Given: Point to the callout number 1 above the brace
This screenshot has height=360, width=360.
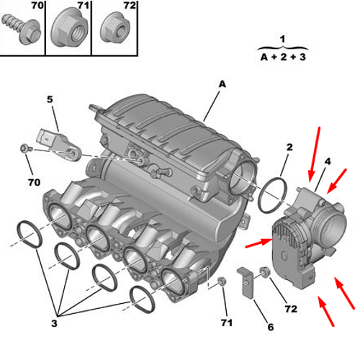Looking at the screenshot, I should coord(282,39).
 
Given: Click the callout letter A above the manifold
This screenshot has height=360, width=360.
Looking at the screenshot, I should coord(222,84).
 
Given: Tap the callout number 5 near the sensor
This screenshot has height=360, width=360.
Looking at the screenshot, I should coord(50,99).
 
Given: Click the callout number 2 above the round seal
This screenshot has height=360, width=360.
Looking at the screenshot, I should coord(289,148).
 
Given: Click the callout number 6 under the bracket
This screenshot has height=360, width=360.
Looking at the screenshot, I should coord(271,328).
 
